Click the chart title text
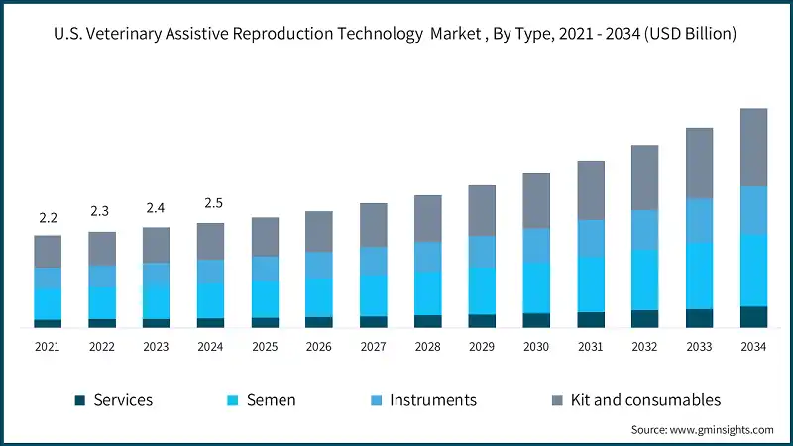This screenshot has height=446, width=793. tap(396, 34)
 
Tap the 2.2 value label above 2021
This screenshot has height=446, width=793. tap(48, 218)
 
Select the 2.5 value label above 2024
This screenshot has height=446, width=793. tap(213, 203)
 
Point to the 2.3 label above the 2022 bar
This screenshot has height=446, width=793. tap(101, 211)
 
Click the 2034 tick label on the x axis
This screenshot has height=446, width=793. tap(753, 347)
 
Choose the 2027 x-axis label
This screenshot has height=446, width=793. tap(373, 347)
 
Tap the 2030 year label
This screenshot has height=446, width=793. tap(536, 347)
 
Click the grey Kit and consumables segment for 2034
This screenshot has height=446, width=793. tap(753, 147)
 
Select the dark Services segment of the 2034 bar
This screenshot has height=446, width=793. tap(753, 316)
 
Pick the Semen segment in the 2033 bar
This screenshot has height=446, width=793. tap(699, 276)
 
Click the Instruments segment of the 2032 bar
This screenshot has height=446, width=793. tap(644, 229)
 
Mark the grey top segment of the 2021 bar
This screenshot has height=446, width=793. tap(48, 251)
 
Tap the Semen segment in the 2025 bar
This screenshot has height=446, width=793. tap(265, 298)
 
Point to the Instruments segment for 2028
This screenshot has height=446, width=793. tap(427, 257)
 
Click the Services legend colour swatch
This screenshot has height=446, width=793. tap(80, 400)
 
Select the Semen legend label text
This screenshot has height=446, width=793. tap(271, 400)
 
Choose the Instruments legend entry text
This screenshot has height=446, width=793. tap(433, 400)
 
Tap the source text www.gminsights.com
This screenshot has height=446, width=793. tap(702, 429)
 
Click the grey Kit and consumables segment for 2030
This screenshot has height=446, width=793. tap(536, 200)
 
